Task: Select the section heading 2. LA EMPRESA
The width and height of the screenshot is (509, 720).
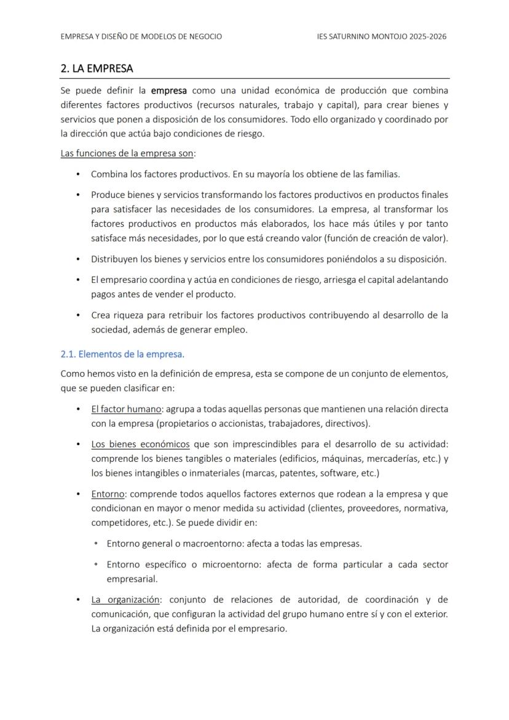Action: pos(97,68)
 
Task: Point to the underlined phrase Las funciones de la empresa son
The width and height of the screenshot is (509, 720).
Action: pos(127,153)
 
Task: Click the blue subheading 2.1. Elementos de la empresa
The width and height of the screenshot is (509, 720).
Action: pos(122,354)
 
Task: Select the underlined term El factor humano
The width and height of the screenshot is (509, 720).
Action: pos(126,409)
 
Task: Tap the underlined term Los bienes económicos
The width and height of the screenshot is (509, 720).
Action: pos(140,445)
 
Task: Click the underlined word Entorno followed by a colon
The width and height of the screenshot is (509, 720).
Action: pos(109,494)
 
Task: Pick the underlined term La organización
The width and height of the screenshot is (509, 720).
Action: pos(126,599)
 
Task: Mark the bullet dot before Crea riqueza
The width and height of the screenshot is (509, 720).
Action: pos(78,315)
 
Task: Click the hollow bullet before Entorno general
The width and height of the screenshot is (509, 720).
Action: pos(97,544)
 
